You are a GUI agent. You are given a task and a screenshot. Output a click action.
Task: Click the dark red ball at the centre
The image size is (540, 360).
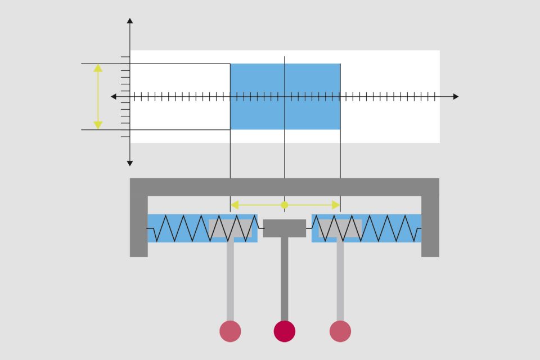point(284,331)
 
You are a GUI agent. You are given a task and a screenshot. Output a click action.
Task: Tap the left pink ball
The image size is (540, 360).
point(230,331)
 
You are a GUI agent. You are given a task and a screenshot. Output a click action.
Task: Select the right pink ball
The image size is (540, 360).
point(340,331)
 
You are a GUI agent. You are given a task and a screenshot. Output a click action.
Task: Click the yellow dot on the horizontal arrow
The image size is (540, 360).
point(285,205)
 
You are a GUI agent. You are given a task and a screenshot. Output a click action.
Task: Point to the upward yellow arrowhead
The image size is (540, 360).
point(98,68)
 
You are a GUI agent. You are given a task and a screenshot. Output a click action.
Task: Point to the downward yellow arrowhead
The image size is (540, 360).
point(98,125)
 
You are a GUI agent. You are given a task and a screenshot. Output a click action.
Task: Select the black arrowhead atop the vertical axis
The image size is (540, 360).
point(130,21)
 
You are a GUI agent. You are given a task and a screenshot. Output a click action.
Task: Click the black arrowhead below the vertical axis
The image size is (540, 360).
point(130,163)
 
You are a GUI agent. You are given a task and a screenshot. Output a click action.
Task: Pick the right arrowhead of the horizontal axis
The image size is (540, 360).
point(456,97)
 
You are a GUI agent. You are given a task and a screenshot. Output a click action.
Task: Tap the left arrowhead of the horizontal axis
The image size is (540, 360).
point(114,97)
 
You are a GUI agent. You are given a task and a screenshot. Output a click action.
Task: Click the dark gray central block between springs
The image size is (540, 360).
point(285,228)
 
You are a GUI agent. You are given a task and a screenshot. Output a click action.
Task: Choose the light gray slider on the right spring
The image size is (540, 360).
point(340,228)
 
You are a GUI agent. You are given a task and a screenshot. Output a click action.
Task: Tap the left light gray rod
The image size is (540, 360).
point(230,278)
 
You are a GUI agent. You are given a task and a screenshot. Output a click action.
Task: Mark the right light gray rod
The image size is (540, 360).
point(340,278)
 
